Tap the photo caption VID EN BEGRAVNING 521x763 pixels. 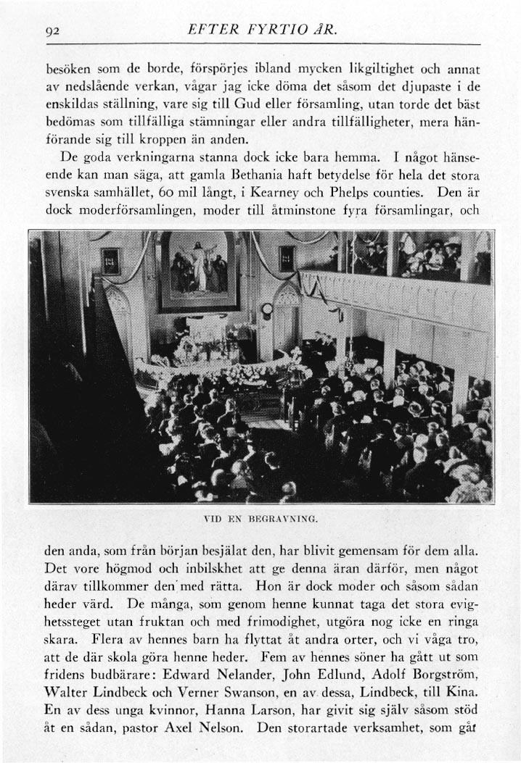coord(261,519)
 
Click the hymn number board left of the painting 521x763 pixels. coord(110,260)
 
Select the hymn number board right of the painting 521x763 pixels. coord(286,258)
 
